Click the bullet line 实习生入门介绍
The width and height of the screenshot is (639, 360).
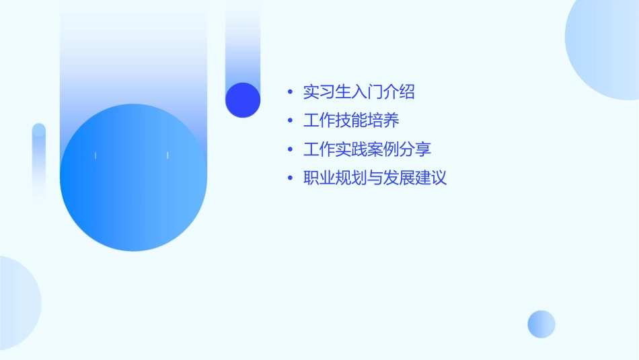pos(359,92)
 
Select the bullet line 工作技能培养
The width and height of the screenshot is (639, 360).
pos(351,121)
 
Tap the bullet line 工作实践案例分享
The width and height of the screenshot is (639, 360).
pos(367,149)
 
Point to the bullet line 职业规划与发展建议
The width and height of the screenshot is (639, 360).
pos(375,178)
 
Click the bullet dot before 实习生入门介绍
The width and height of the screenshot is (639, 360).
pos(290,93)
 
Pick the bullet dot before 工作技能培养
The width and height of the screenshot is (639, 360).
pos(290,122)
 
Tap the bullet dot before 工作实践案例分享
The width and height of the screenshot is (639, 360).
pos(290,150)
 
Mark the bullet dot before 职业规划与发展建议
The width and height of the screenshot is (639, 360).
pos(290,179)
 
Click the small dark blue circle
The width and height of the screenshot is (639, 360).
pos(243,100)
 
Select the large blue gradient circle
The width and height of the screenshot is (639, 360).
pos(133,178)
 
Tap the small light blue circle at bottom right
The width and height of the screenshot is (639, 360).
pos(541,324)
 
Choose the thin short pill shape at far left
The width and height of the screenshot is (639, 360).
pos(39,161)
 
